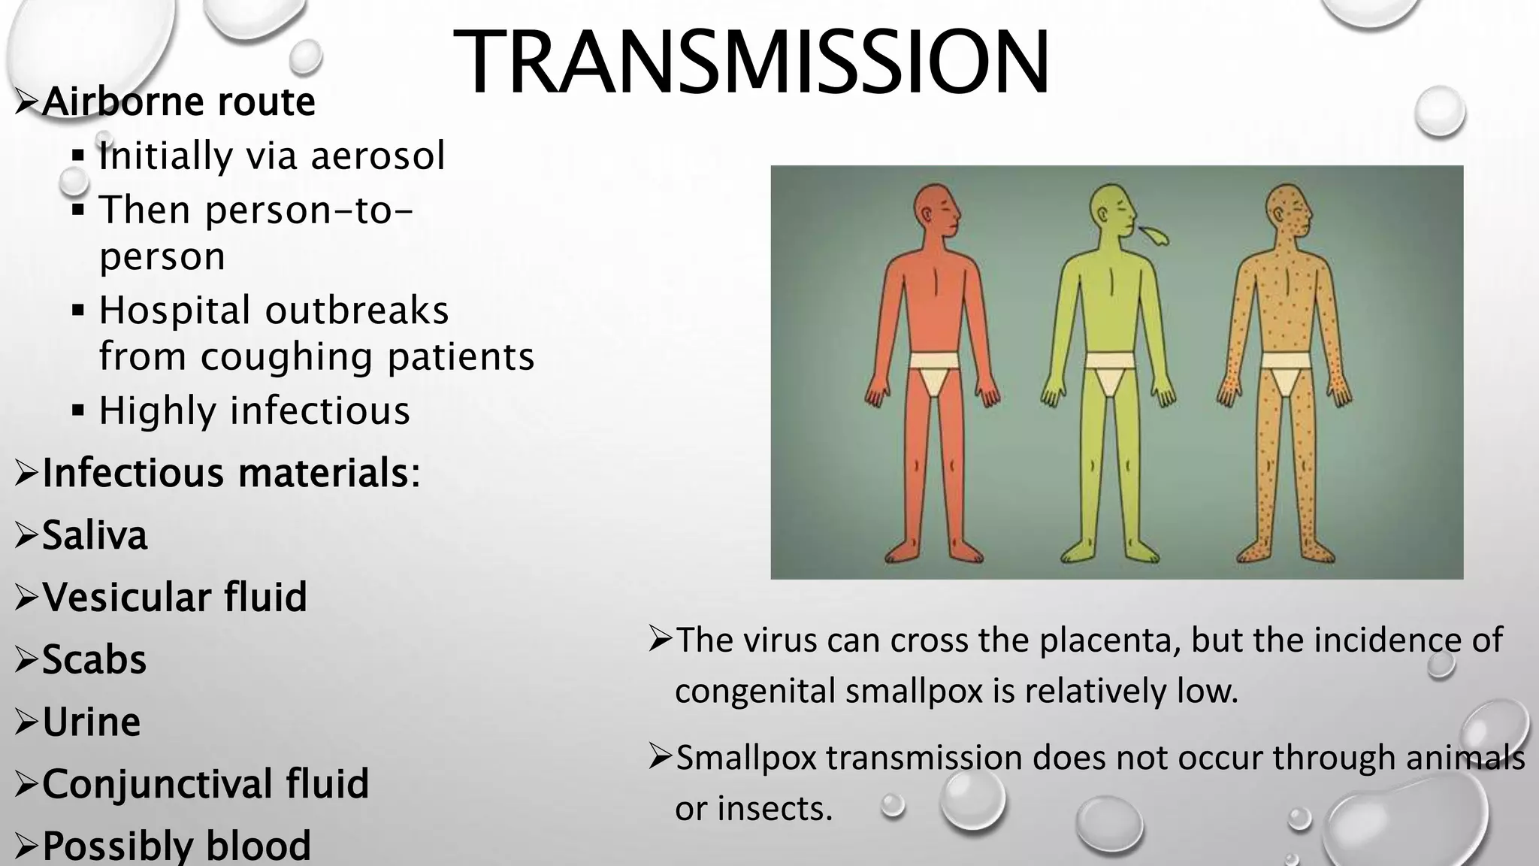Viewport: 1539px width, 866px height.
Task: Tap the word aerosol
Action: tap(378, 156)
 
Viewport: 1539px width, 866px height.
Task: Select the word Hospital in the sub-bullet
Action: tap(174, 310)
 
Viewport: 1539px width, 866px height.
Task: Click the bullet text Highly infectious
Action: tap(254, 410)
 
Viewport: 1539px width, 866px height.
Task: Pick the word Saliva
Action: tap(95, 535)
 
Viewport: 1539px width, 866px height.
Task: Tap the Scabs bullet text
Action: tap(94, 659)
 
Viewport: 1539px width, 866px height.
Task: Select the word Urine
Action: tap(91, 722)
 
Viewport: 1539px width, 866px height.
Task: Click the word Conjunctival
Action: tap(158, 783)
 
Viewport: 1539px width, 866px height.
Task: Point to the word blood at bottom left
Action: tap(258, 845)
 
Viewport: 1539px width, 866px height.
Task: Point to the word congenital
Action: tap(754, 691)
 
